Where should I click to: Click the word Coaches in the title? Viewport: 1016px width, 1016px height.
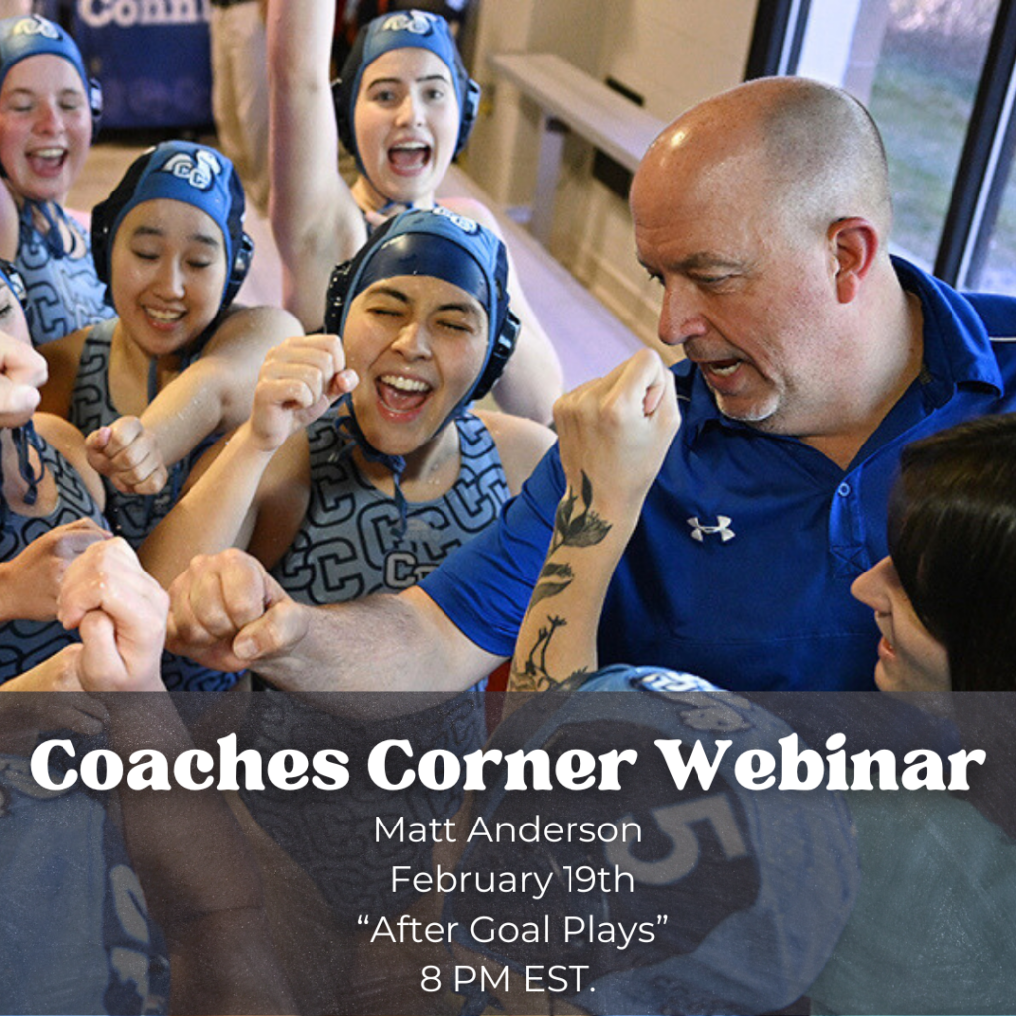[189, 766]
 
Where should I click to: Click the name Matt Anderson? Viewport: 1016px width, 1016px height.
[507, 829]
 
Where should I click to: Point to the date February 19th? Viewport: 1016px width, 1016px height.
[507, 879]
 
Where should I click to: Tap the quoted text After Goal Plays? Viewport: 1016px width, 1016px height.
[512, 930]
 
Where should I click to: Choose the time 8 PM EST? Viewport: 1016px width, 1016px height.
[507, 980]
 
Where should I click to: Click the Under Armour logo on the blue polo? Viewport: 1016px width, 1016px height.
[710, 528]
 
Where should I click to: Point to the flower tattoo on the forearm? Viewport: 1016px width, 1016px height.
[579, 522]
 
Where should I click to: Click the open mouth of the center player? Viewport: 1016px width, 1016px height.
[402, 391]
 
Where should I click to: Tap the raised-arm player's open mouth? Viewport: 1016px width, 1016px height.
[408, 157]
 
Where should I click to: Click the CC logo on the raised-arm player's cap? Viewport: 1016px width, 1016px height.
[409, 22]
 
